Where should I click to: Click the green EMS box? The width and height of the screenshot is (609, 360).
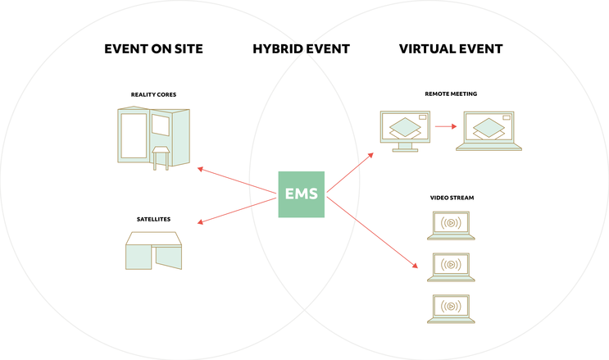(x=302, y=194)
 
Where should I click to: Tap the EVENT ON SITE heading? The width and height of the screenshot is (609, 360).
(x=153, y=49)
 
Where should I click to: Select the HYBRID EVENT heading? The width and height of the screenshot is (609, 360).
(x=301, y=49)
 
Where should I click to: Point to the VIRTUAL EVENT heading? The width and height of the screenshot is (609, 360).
(x=451, y=49)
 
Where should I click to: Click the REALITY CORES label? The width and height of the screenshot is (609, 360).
(x=154, y=94)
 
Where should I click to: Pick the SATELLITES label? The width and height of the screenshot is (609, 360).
(x=153, y=219)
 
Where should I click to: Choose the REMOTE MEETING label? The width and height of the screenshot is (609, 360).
(x=451, y=94)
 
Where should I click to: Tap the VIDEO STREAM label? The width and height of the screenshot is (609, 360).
(x=452, y=198)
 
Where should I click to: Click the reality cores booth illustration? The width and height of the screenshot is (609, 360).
(x=154, y=138)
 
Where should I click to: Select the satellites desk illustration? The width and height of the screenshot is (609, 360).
(x=153, y=250)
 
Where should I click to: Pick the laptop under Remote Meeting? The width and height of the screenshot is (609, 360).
(x=489, y=132)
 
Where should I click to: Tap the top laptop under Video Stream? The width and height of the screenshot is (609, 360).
(x=451, y=225)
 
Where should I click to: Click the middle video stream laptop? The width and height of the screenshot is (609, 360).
(x=451, y=267)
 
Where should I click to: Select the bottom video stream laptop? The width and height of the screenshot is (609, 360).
(x=451, y=308)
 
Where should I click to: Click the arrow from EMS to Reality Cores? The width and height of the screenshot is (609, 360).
(x=238, y=182)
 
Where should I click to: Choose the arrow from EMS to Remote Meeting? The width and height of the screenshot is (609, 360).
(x=350, y=173)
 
